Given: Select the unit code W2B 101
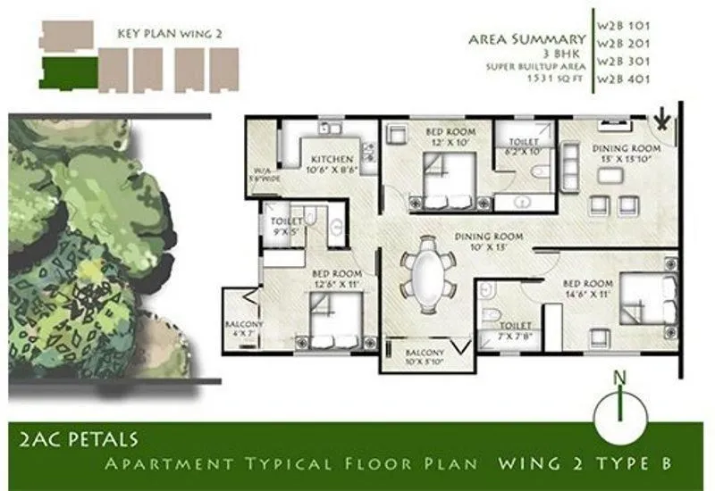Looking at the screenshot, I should [x=625, y=21].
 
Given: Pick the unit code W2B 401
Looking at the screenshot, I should [x=625, y=79].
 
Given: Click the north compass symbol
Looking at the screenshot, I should [x=619, y=412].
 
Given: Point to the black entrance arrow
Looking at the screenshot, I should [x=662, y=117].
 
